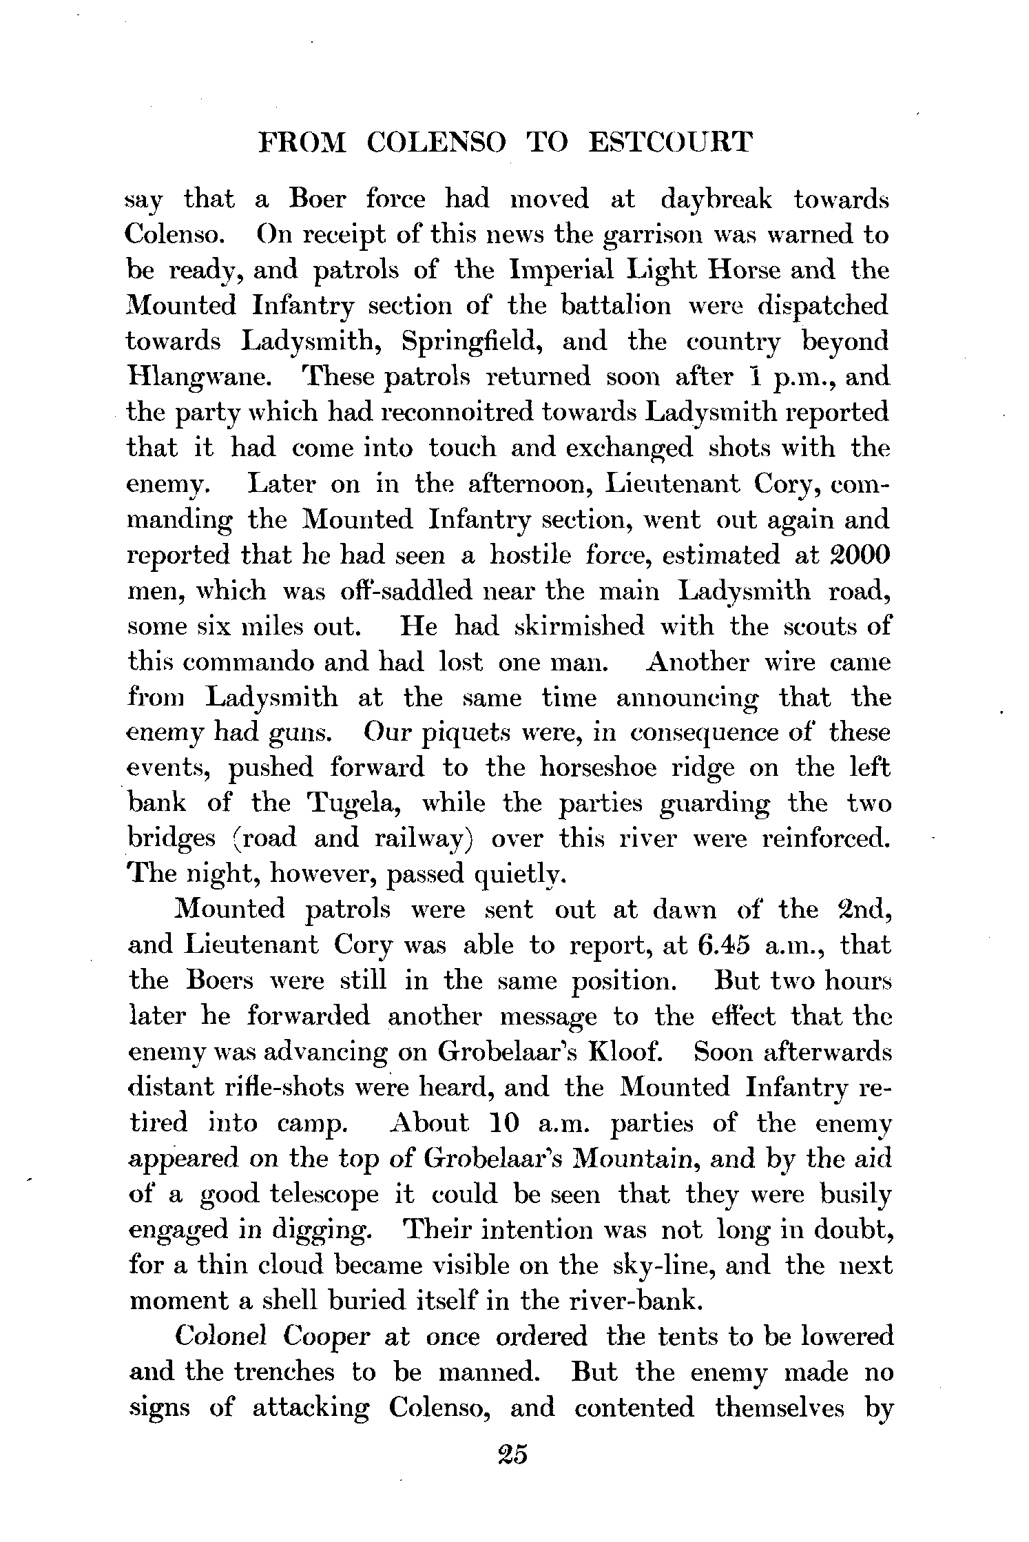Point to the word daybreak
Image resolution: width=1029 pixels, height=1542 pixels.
click(716, 200)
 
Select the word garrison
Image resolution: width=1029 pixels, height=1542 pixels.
click(661, 236)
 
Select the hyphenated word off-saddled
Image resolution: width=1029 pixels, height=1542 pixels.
click(395, 590)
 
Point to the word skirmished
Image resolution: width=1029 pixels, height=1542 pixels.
click(579, 626)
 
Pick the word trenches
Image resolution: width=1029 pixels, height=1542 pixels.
click(284, 1373)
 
